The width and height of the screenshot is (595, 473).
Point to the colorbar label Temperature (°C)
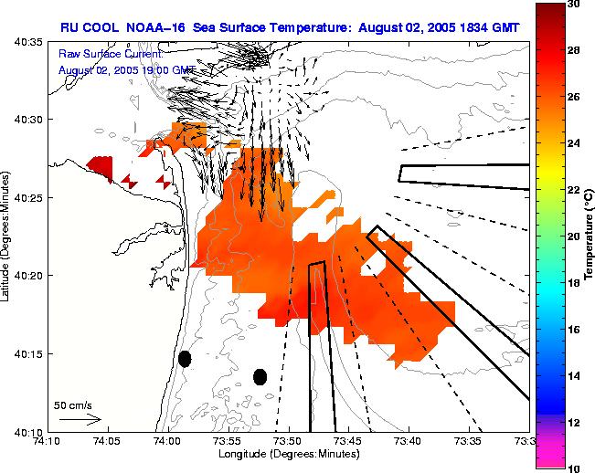[590, 236]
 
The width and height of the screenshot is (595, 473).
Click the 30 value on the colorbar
[574, 5]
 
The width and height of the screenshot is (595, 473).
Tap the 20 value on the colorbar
[574, 236]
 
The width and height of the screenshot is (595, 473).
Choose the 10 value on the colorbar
[574, 468]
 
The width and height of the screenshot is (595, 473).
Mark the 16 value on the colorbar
[574, 329]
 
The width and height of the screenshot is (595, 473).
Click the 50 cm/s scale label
[72, 405]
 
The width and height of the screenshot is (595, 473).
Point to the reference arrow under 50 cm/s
[80, 419]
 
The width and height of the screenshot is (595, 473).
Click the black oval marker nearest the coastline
[185, 359]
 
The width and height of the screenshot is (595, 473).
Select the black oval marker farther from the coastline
[260, 376]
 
